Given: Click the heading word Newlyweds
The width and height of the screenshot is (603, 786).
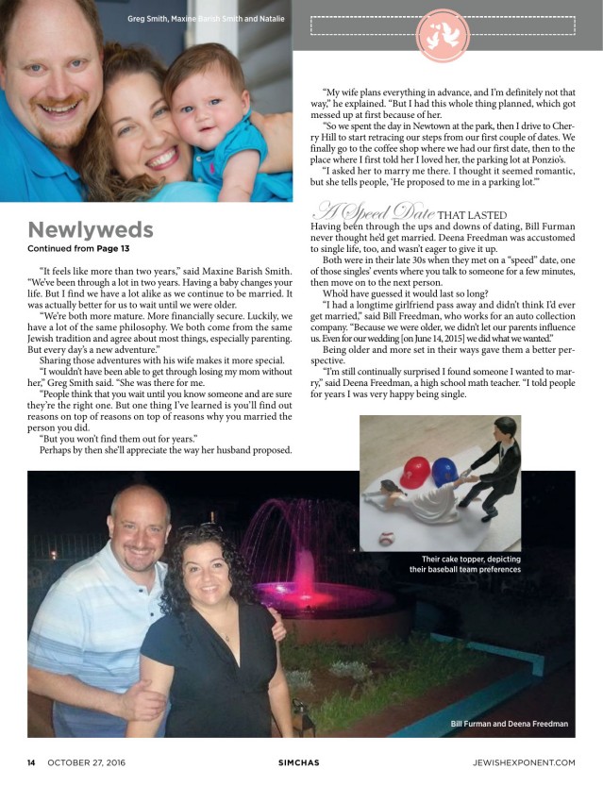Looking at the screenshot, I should pyautogui.click(x=90, y=230).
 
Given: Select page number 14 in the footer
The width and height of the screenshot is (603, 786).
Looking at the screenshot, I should pyautogui.click(x=31, y=762).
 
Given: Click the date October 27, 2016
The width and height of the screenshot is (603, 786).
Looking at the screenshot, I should pyautogui.click(x=86, y=762).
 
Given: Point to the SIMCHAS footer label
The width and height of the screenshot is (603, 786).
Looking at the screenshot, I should pyautogui.click(x=301, y=762).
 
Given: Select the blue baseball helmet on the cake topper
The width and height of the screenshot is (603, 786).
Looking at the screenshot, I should pyautogui.click(x=445, y=470).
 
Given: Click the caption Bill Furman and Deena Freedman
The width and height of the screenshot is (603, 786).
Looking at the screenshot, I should pyautogui.click(x=509, y=724).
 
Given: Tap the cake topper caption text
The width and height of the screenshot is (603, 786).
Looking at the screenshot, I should pyautogui.click(x=465, y=564).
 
